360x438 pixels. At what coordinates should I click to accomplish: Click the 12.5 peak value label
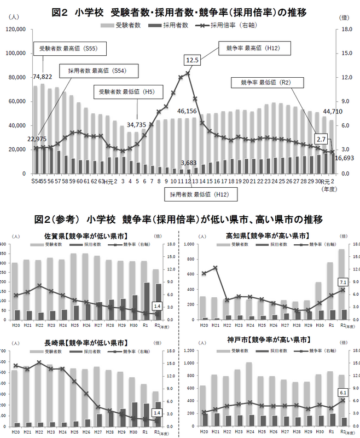[192, 60]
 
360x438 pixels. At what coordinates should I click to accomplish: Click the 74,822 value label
[43, 76]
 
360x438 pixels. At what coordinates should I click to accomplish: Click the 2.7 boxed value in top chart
[322, 140]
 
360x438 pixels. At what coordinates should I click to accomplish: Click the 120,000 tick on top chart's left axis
[19, 30]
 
